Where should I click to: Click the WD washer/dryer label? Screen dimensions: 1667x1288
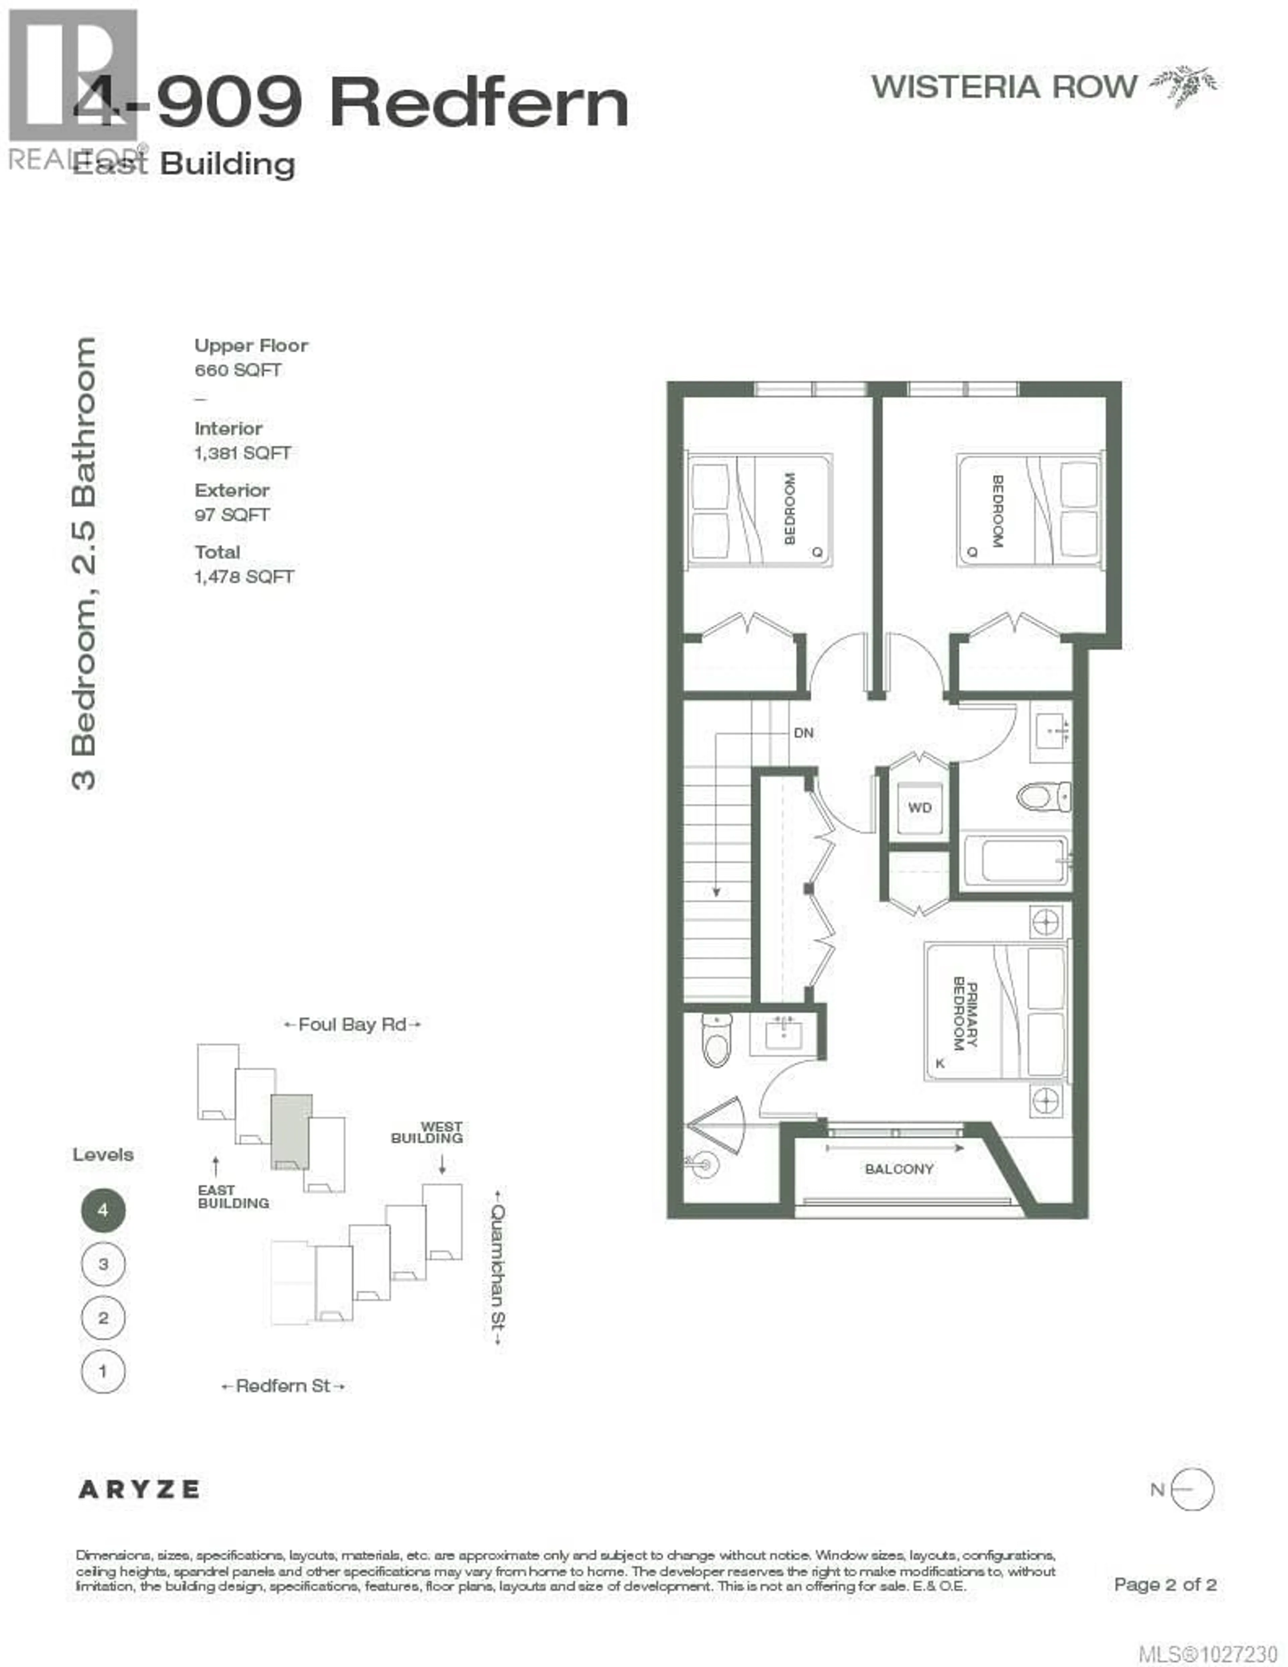pos(919,808)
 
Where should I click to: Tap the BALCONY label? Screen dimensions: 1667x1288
pos(899,1169)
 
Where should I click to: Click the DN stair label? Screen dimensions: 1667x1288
pos(803,733)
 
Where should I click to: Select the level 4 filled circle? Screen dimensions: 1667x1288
pos(103,1210)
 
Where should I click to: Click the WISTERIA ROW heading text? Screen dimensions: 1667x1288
pos(1004,87)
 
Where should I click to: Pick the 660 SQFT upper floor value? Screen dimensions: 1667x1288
pos(237,370)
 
